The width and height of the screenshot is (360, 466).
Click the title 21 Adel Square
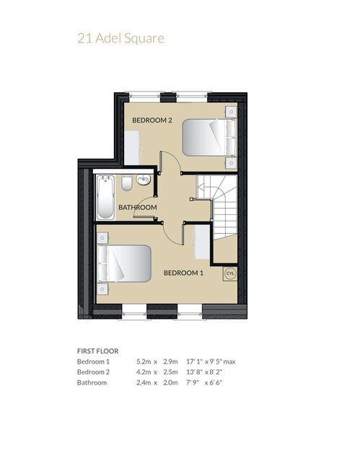(120, 39)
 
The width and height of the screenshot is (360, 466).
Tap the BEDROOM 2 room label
(152, 120)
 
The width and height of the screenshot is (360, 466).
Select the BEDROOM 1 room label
(183, 273)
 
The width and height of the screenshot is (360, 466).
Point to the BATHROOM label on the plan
(138, 207)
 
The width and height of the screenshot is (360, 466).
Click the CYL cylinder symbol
(230, 273)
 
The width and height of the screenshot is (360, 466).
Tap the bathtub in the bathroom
(105, 198)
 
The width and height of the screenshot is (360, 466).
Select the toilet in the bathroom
(127, 183)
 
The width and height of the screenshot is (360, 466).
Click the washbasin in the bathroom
(144, 180)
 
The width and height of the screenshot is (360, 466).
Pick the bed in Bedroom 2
(209, 137)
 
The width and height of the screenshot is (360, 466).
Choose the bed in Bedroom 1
(124, 263)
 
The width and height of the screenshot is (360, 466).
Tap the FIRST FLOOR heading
(98, 351)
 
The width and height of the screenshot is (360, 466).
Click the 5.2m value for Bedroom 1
(144, 361)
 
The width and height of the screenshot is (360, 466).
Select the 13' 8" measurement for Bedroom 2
(195, 372)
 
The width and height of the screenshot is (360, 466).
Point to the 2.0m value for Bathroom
(170, 382)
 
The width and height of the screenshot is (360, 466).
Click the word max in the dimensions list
(229, 361)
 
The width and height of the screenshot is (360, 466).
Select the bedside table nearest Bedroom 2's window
(231, 112)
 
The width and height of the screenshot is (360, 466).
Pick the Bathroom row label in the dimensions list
(92, 382)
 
